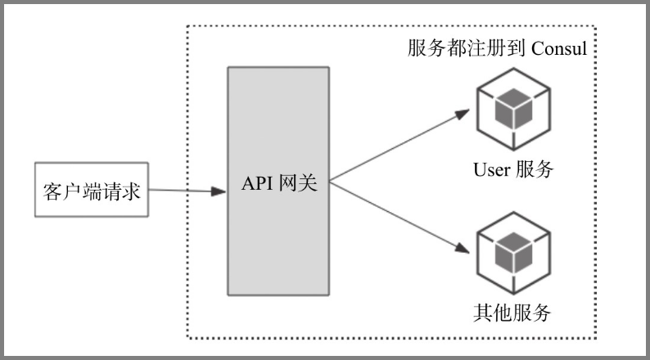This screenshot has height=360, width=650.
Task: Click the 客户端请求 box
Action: (92, 190)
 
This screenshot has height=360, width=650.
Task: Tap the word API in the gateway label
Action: (256, 183)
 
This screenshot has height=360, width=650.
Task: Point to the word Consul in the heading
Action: (560, 48)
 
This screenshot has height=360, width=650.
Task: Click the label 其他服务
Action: (512, 313)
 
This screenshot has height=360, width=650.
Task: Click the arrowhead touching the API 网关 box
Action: (219, 191)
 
